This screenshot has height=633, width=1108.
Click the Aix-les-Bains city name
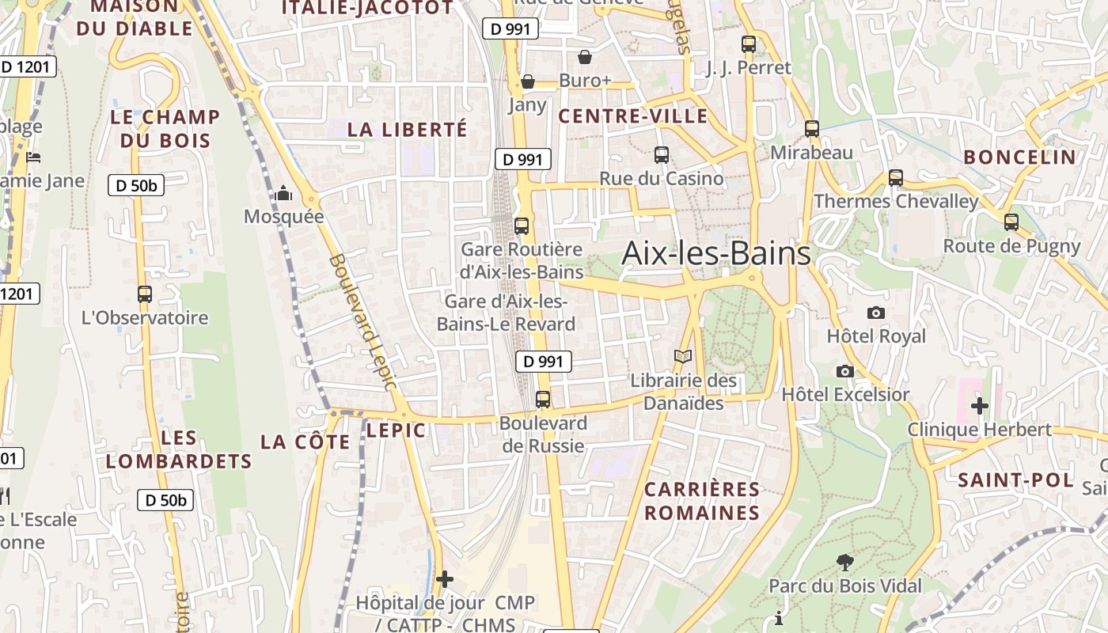pyautogui.click(x=716, y=253)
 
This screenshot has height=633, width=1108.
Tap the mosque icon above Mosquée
pyautogui.click(x=283, y=193)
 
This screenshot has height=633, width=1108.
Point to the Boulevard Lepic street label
pyautogui.click(x=361, y=321)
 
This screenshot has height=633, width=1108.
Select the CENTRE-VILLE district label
pyautogui.click(x=633, y=116)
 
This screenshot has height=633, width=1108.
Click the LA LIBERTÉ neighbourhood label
pyautogui.click(x=408, y=130)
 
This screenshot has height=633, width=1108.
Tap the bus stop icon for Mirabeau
pyautogui.click(x=812, y=129)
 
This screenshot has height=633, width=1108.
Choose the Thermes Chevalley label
pyautogui.click(x=896, y=201)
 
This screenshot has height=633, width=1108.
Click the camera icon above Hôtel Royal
pyautogui.click(x=875, y=313)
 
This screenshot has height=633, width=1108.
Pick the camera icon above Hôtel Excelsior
pyautogui.click(x=845, y=371)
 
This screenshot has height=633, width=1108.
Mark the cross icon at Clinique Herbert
pyautogui.click(x=980, y=406)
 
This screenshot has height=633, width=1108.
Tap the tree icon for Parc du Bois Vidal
pyautogui.click(x=845, y=563)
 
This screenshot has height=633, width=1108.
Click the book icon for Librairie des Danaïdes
pyautogui.click(x=683, y=357)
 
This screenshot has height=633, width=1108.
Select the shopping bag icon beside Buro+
pyautogui.click(x=585, y=57)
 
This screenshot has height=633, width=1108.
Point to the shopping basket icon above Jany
pyautogui.click(x=528, y=81)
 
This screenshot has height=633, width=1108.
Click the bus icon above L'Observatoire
pyautogui.click(x=145, y=294)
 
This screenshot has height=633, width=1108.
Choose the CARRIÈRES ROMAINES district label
pyautogui.click(x=701, y=501)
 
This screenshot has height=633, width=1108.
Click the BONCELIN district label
pyautogui.click(x=1019, y=157)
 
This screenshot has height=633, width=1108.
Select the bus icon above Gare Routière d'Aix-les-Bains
pyautogui.click(x=522, y=226)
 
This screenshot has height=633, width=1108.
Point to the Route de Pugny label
pyautogui.click(x=1011, y=246)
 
